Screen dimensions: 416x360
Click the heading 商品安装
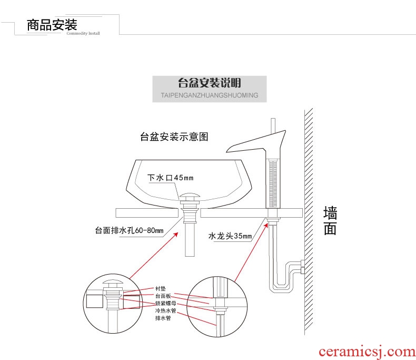coord(52,25)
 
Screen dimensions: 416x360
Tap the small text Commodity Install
coord(83,33)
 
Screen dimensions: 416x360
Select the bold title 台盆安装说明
coord(210,83)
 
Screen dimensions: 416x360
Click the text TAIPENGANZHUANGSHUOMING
coord(210,95)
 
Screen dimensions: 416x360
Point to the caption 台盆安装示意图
coord(174,137)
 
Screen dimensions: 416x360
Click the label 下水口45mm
coord(170,178)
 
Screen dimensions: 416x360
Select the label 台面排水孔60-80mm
coord(129,230)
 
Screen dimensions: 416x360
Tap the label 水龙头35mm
coord(230,236)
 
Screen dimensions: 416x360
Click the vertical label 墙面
coord(330,221)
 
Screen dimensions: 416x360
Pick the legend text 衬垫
coord(161,289)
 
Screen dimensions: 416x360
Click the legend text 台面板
coord(163,296)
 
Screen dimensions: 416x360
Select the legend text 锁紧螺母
coord(165,303)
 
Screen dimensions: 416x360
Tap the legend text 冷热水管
coord(165,310)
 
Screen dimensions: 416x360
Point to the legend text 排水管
coord(163,318)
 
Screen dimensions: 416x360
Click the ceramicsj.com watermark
coord(367,352)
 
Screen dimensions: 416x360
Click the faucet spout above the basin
coord(256,142)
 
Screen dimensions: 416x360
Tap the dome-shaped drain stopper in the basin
coord(190,197)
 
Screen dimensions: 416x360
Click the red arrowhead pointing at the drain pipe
coord(176,235)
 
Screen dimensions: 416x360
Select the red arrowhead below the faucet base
coord(266,226)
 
